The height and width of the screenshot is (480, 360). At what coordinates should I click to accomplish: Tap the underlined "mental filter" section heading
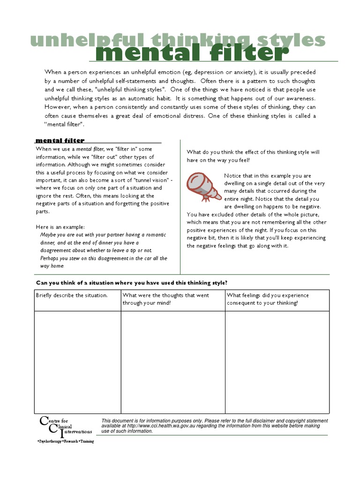coord(60,140)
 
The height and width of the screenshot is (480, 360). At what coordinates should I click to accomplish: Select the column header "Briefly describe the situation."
coord(72,295)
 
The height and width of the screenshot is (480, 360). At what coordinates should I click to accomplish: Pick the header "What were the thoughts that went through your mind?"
coord(165,299)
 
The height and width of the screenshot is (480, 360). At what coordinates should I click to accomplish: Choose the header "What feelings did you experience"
coord(268,295)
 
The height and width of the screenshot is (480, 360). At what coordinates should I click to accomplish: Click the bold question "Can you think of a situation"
coord(132,283)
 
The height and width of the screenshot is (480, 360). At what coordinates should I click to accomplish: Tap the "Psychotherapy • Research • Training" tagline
coord(65,442)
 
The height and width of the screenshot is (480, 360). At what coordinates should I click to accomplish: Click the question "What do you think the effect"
coord(253,152)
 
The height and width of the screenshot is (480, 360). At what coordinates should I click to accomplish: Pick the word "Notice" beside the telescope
coord(233,176)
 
